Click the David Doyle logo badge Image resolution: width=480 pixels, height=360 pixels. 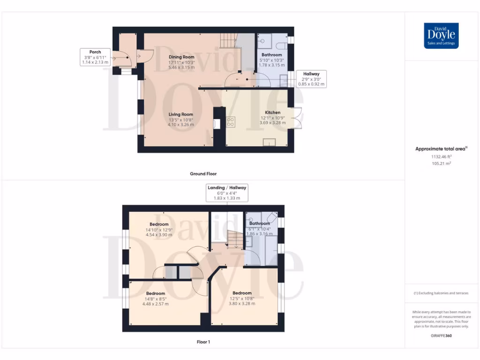[441, 36]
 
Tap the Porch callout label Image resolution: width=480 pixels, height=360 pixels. [95, 57]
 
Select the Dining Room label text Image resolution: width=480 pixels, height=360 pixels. [181, 57]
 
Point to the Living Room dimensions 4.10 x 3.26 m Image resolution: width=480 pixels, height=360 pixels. [181, 125]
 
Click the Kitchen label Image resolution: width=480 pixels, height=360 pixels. [272, 112]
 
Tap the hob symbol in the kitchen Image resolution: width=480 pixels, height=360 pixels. [231, 122]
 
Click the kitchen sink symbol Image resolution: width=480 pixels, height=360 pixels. [269, 142]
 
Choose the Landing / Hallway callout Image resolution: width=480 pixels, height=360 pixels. [227, 193]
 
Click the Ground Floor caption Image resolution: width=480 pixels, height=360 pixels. [203, 174]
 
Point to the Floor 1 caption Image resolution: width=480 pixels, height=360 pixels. [203, 342]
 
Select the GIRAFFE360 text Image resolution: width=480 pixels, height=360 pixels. [441, 336]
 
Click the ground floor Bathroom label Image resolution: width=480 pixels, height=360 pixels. [271, 55]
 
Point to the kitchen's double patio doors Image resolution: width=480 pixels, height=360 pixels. [296, 118]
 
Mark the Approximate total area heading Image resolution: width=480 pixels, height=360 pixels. [439, 149]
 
